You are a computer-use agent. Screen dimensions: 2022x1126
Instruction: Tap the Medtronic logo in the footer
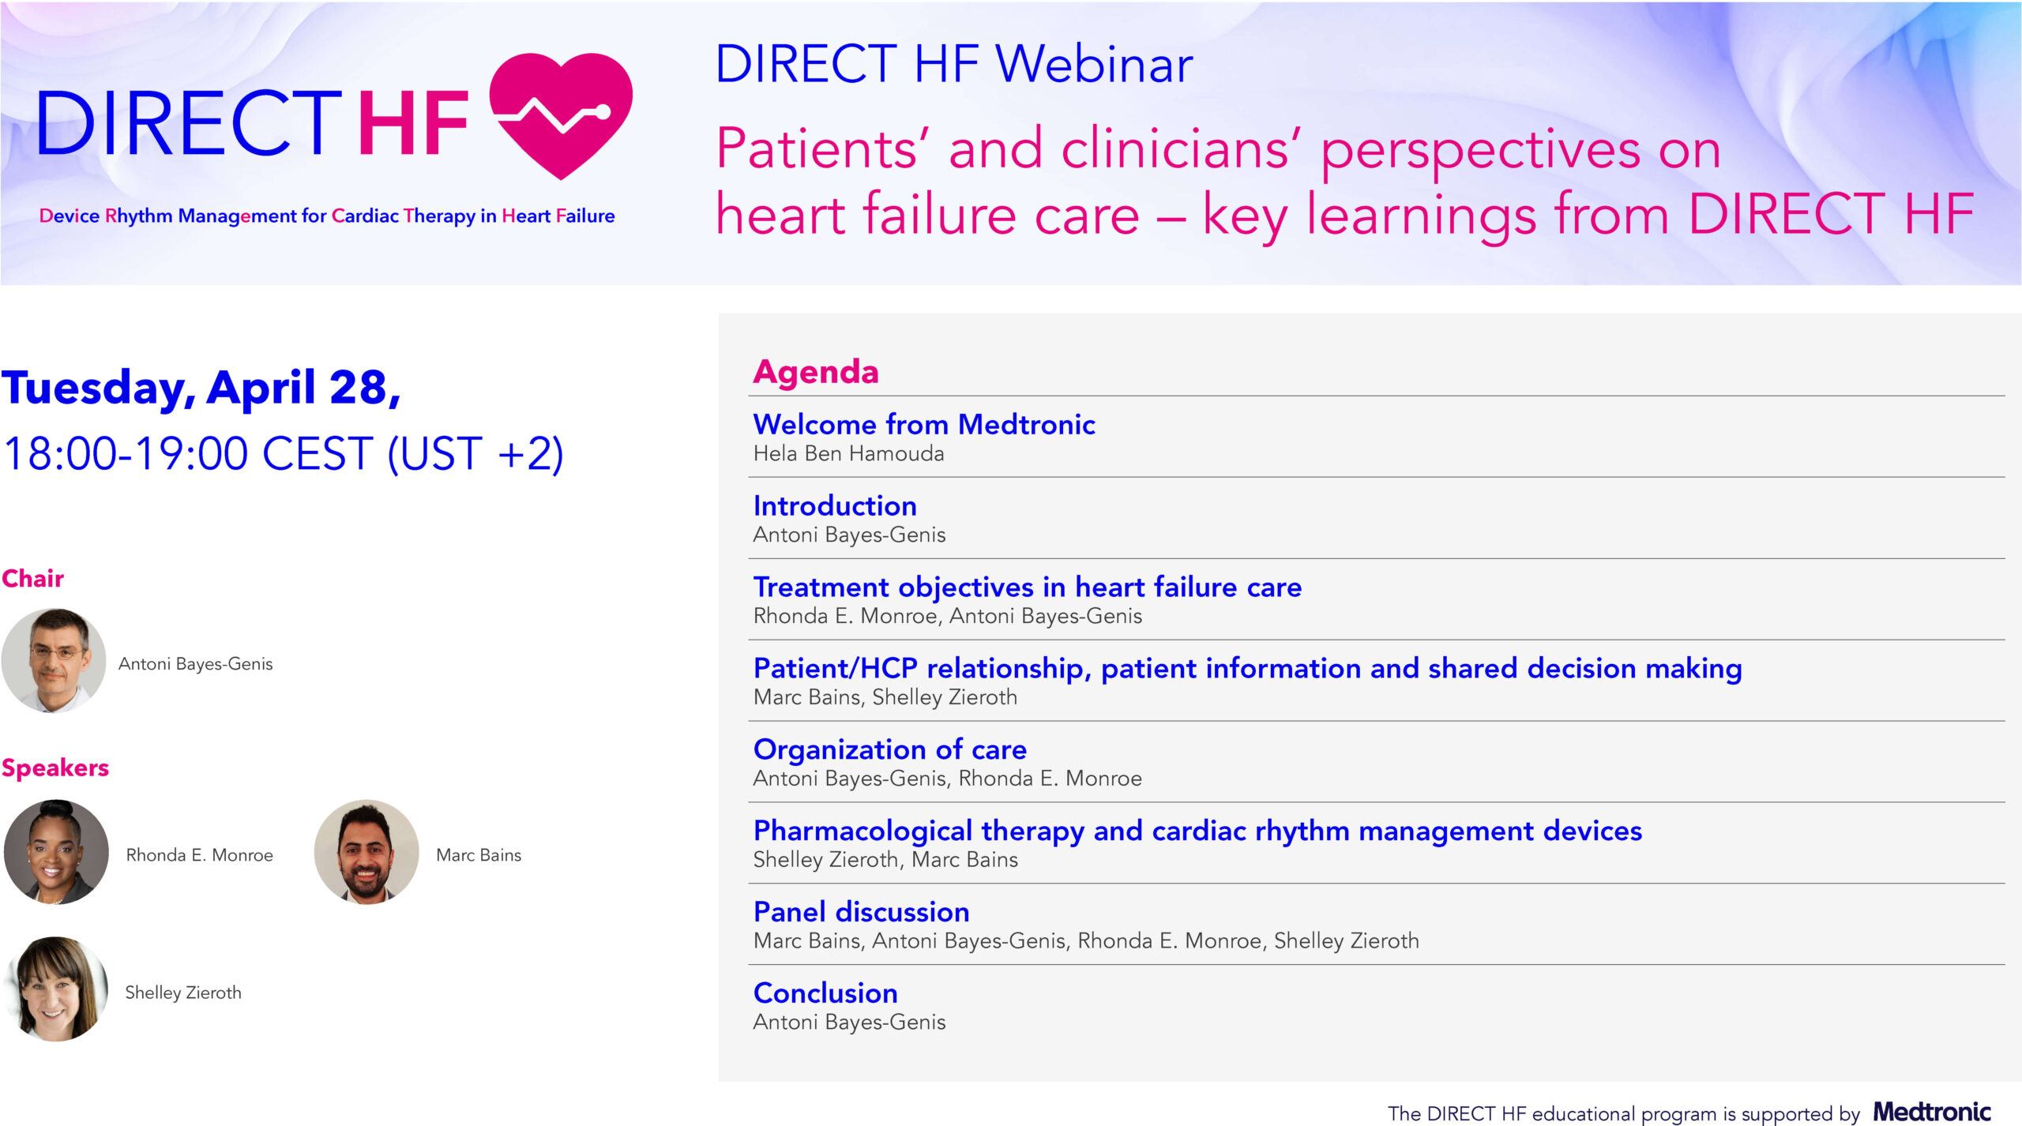tap(1932, 1112)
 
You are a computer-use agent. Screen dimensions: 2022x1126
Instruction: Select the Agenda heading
tap(816, 371)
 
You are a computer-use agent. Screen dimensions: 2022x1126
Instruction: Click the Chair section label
tap(32, 578)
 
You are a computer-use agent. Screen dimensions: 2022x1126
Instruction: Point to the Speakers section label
tap(55, 768)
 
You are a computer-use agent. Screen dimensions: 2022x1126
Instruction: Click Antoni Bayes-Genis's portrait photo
tap(54, 661)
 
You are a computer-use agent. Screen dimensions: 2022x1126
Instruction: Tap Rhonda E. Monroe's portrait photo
tap(56, 852)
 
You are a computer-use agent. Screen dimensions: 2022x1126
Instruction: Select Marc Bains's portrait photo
tap(366, 852)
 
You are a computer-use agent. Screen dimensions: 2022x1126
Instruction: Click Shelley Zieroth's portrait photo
tap(56, 989)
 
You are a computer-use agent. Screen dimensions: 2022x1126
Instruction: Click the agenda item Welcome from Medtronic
tap(924, 424)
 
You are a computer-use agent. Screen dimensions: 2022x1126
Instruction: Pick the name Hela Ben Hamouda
tap(849, 453)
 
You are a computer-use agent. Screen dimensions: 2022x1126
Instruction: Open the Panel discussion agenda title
tap(862, 911)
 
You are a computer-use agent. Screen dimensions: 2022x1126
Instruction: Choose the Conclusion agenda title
tap(825, 993)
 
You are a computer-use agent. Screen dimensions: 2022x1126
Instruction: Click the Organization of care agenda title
tap(890, 749)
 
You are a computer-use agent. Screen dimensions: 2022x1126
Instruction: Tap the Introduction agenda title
tap(835, 505)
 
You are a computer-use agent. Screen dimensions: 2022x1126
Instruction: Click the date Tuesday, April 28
tap(201, 388)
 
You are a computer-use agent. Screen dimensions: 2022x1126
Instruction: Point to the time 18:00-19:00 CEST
tap(188, 454)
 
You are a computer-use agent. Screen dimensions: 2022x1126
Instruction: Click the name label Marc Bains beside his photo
tap(479, 855)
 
